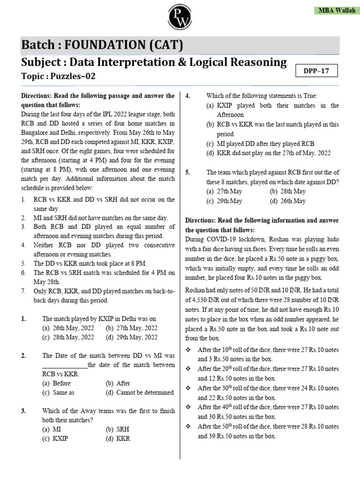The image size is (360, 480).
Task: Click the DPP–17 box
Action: pos(317,71)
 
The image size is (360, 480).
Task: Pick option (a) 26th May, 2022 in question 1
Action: pos(68,328)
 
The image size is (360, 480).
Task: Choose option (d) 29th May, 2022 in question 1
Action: pos(132,337)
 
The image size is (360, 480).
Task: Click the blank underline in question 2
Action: pos(65,365)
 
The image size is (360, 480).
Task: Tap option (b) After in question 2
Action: pos(118,383)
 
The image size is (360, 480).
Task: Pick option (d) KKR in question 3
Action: pos(118,439)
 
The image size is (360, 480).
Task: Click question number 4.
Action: pos(187,96)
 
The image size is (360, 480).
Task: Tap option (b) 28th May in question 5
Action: pos(287,191)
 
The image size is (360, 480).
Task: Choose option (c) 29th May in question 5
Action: pos(224,201)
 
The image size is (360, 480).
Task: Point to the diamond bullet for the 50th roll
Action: pos(189,426)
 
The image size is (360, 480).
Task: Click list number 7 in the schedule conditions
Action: pos(23,292)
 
